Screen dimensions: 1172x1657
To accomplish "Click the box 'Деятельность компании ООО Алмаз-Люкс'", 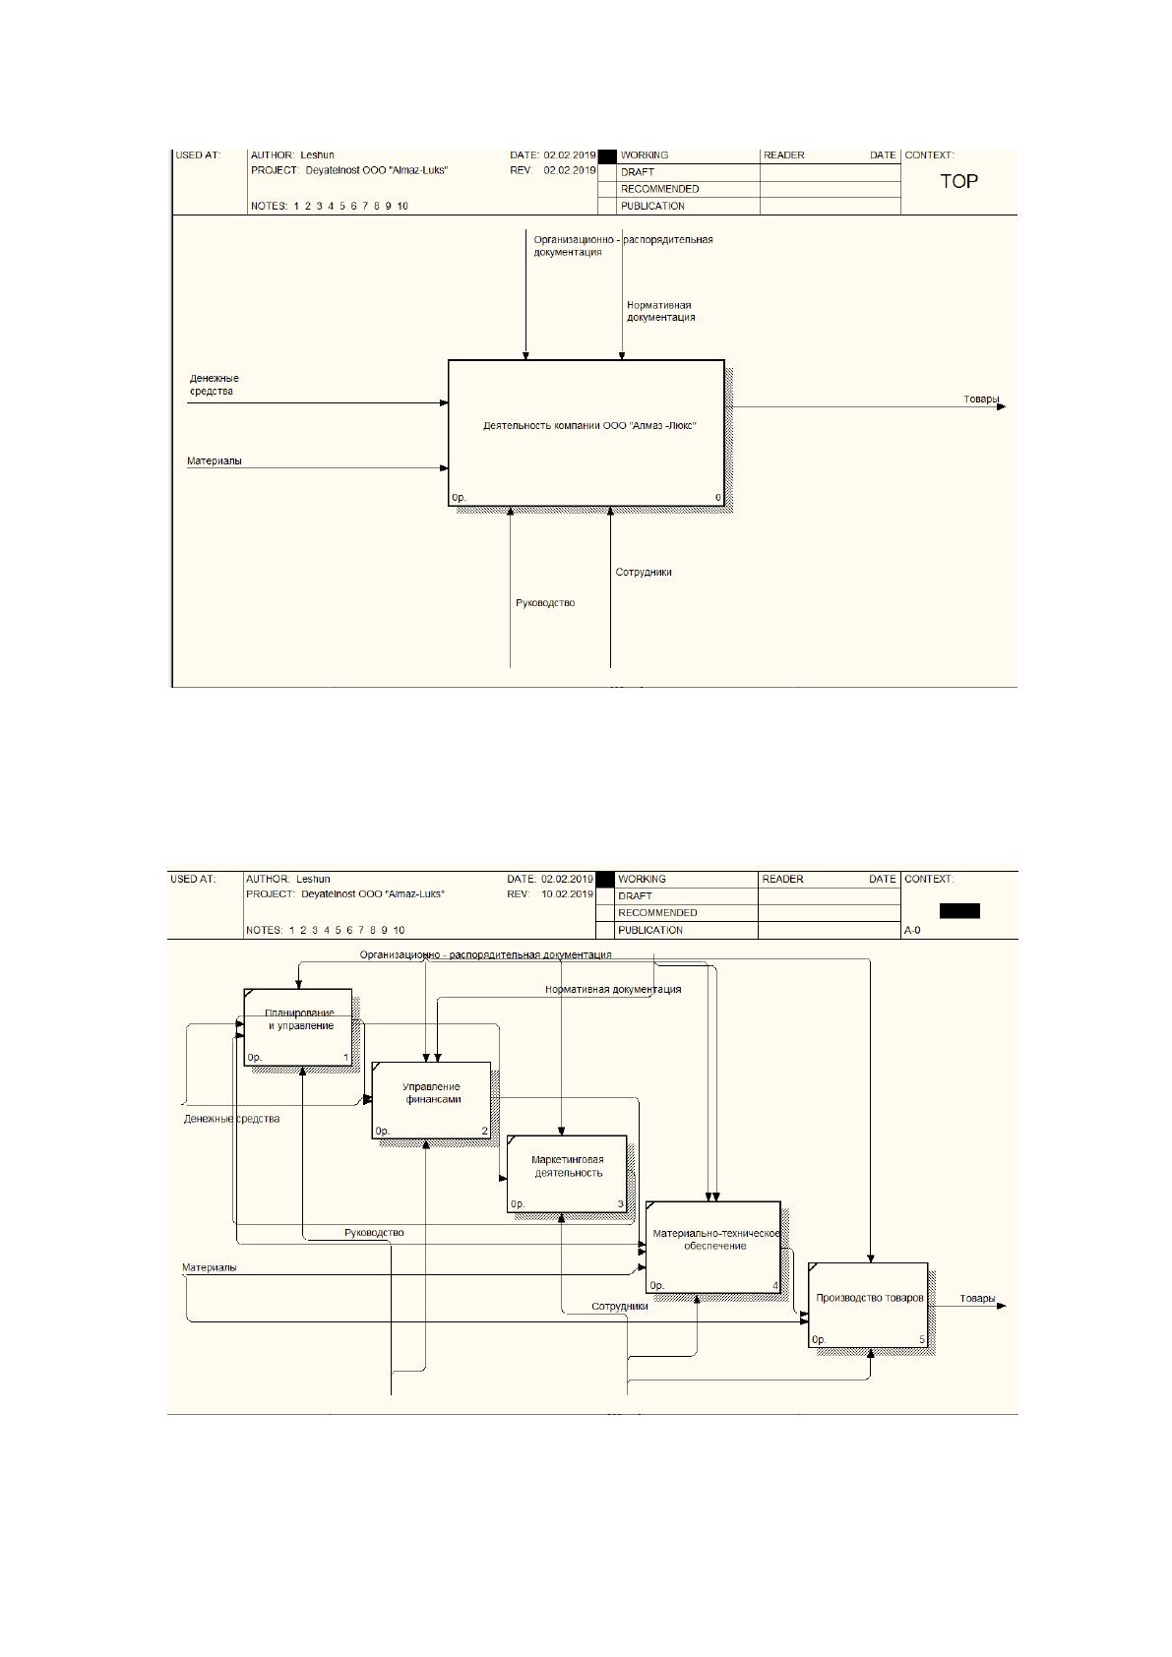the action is [x=586, y=433].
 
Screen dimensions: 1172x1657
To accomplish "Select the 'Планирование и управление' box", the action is [x=298, y=1026].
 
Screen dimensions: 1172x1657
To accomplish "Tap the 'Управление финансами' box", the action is [x=431, y=1100].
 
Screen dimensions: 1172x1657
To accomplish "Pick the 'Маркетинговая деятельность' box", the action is [x=568, y=1174].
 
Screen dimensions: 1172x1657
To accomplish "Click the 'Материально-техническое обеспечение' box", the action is [x=713, y=1248].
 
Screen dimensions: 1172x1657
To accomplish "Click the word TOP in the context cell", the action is [x=958, y=181].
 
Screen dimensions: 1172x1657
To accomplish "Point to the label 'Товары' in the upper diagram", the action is [x=981, y=399].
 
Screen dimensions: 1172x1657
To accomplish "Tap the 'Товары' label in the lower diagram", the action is [x=977, y=1298].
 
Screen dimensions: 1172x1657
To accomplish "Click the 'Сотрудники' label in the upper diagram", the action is [x=644, y=572].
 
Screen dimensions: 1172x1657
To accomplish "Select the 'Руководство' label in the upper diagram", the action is [x=545, y=603].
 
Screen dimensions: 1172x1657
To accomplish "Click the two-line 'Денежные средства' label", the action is [x=214, y=385].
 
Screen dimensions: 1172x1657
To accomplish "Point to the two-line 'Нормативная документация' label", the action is [x=660, y=312].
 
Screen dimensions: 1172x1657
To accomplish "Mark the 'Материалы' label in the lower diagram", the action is [x=210, y=1267].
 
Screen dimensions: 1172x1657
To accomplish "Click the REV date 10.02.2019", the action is [x=568, y=893].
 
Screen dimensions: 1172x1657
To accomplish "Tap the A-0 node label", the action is [x=912, y=930].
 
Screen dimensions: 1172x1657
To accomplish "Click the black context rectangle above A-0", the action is [x=959, y=910].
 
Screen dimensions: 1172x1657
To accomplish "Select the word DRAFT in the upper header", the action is [x=637, y=171].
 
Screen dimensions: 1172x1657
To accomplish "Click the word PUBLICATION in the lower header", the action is [x=650, y=930].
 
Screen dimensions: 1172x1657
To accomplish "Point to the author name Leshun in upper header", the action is [x=318, y=155].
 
